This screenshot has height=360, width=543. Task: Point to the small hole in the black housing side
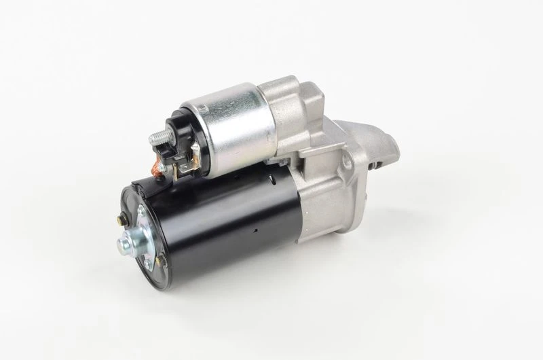pos(257,231)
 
